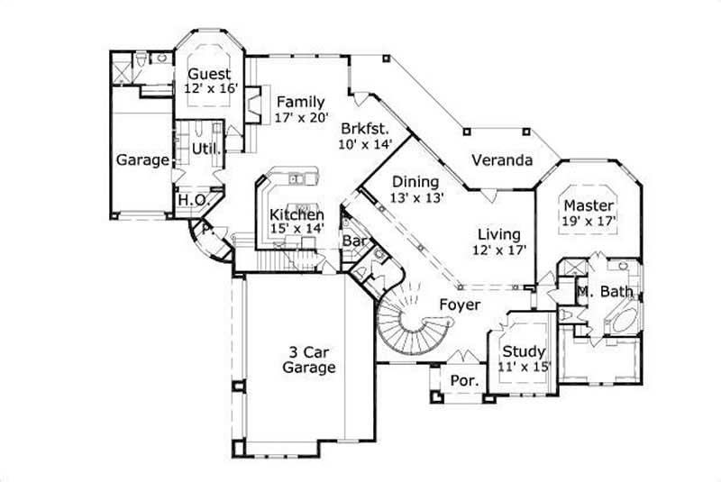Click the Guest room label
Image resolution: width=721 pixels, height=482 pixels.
click(x=208, y=74)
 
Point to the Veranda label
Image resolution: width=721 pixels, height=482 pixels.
click(x=502, y=161)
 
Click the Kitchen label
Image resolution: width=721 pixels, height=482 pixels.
click(x=297, y=214)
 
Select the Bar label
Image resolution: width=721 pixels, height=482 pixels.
click(x=353, y=241)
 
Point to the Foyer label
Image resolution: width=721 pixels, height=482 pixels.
click(x=459, y=305)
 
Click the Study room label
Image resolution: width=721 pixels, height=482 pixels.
click(x=524, y=350)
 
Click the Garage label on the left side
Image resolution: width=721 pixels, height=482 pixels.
click(x=142, y=160)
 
